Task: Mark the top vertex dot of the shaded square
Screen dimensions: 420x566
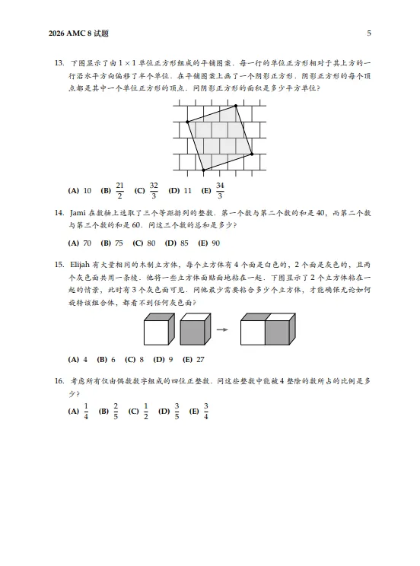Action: [236, 106]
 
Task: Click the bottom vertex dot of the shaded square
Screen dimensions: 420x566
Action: [203, 169]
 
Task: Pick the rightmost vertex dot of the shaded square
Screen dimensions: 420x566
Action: [252, 154]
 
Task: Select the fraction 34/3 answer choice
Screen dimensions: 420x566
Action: [220, 190]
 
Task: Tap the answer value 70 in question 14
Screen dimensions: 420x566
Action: [87, 243]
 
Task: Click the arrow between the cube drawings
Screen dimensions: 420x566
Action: [221, 329]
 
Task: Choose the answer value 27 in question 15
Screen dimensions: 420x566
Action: [201, 359]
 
